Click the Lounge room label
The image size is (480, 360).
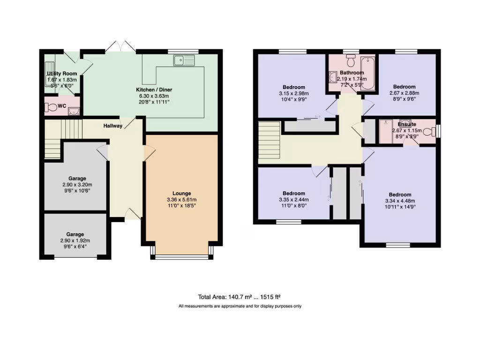(181, 193)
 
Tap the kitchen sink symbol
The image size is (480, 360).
(183, 60)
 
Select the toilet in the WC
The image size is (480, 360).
(50, 107)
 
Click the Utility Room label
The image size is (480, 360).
(61, 74)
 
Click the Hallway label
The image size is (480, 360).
(113, 126)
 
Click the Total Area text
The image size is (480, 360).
(239, 297)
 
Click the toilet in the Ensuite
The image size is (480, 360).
(428, 131)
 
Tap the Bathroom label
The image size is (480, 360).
(352, 73)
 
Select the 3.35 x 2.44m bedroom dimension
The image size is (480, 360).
(294, 199)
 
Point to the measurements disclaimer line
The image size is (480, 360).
(240, 306)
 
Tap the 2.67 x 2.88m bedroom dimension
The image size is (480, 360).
(404, 93)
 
